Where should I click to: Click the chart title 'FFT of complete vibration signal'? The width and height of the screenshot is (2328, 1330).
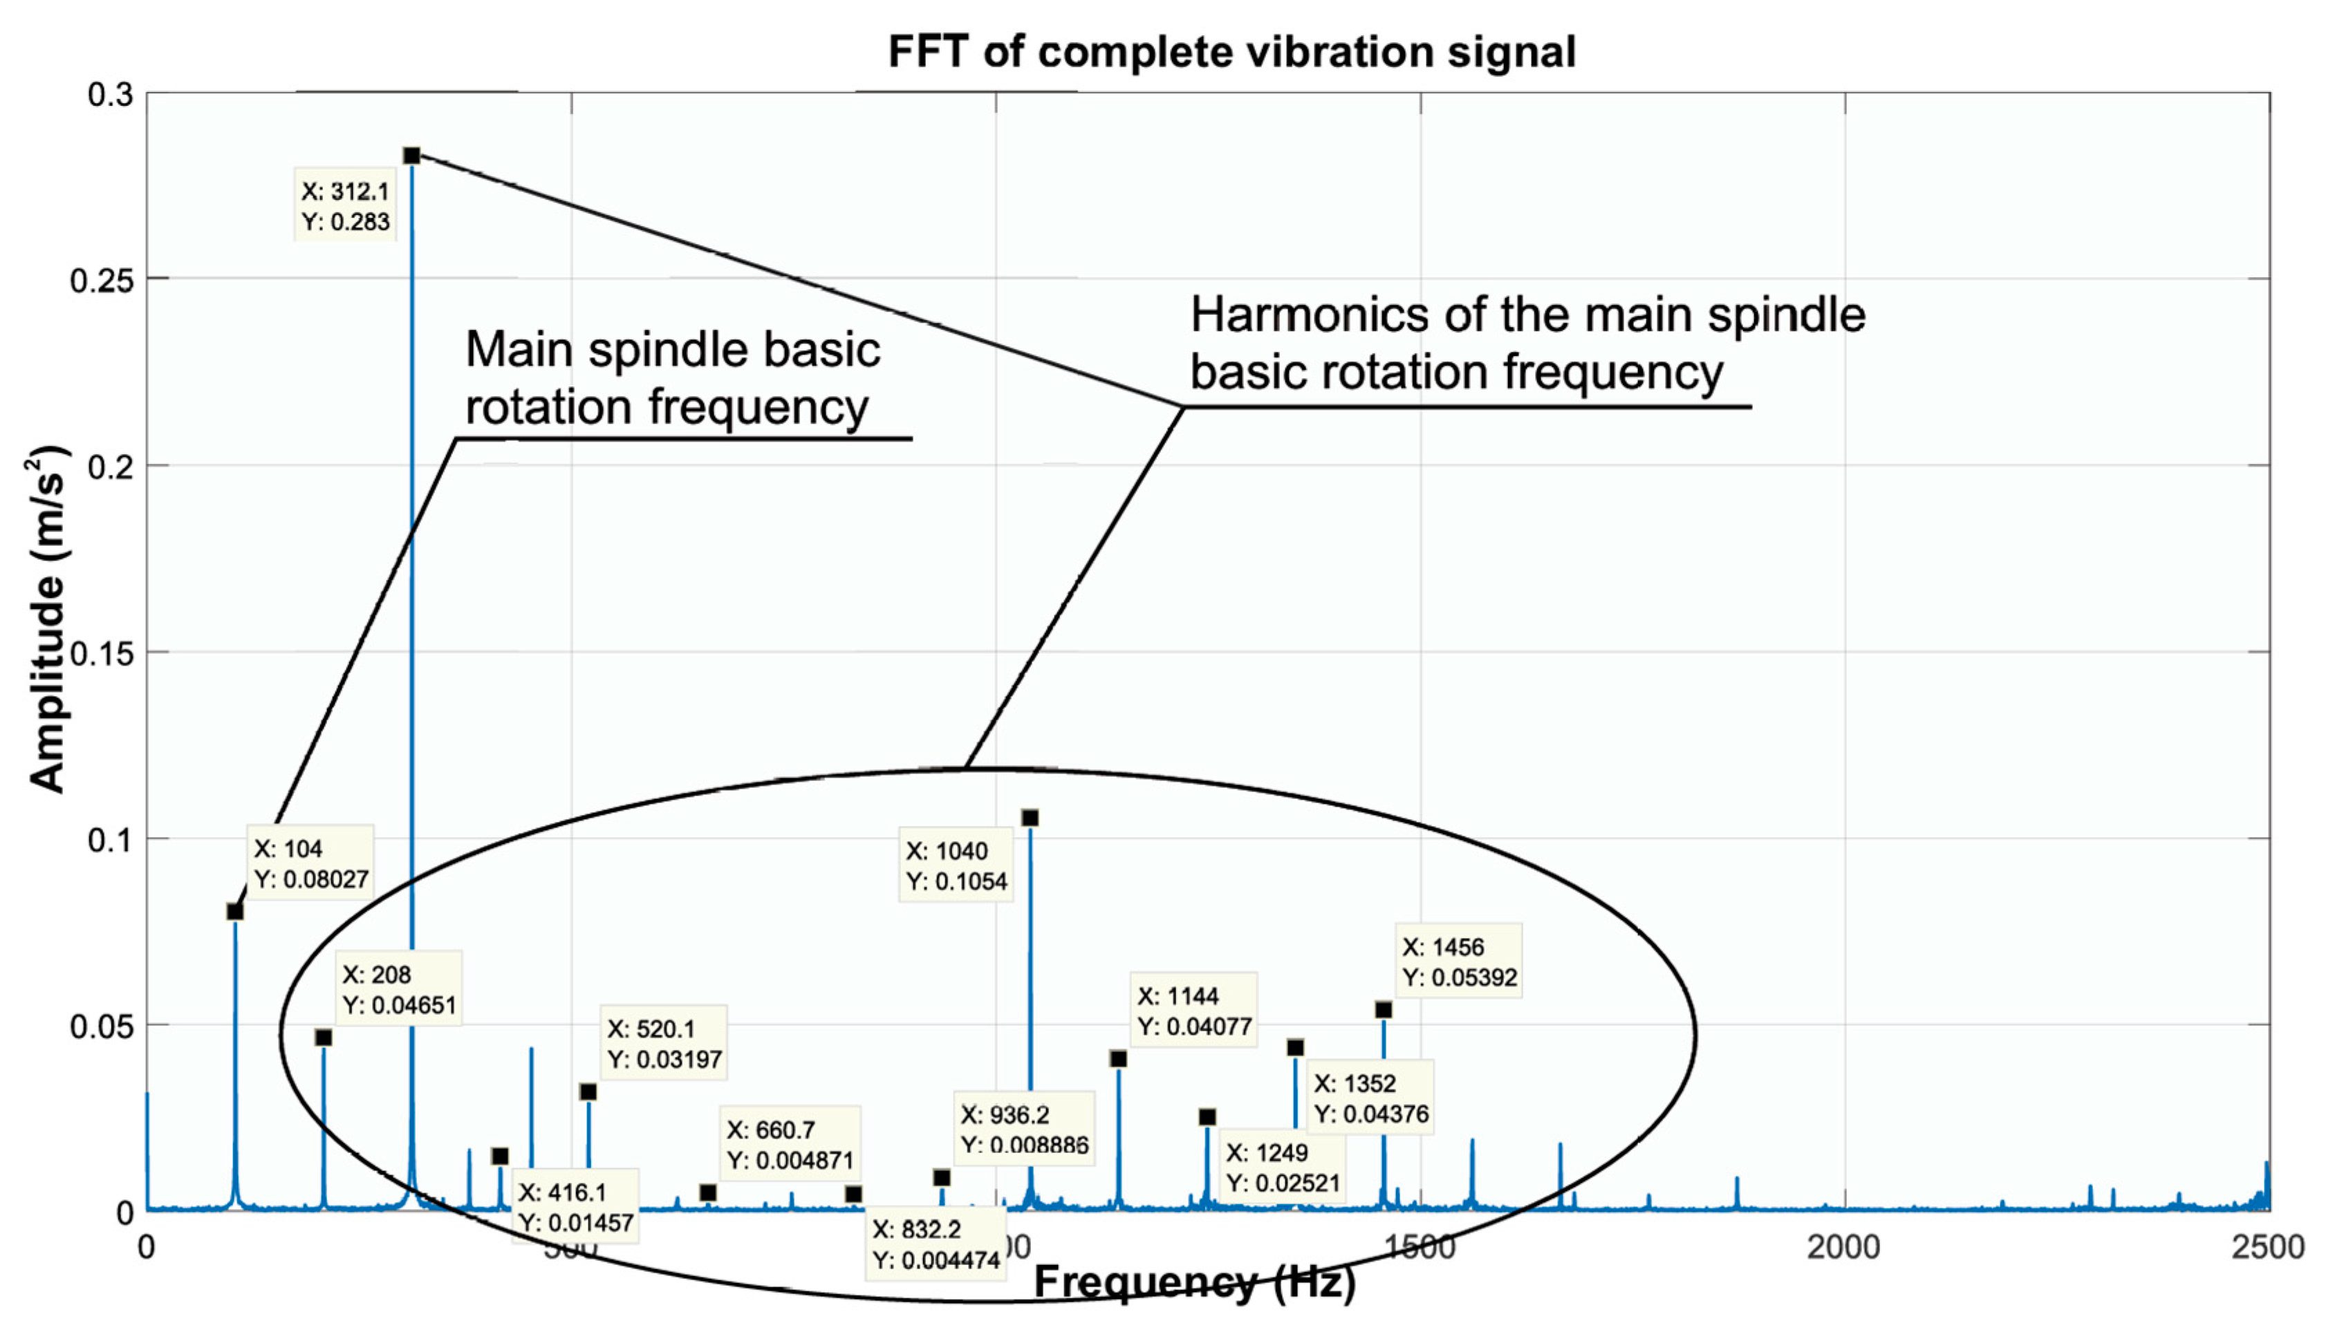(1231, 52)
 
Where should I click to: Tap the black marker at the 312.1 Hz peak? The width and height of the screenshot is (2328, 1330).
(411, 156)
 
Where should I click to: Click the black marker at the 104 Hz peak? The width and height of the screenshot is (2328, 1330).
(235, 912)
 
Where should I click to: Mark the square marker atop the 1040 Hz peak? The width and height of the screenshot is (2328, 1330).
(1030, 818)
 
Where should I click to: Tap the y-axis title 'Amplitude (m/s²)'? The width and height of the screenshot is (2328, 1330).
(48, 619)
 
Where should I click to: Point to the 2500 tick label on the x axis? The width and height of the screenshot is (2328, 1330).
(2268, 1247)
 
